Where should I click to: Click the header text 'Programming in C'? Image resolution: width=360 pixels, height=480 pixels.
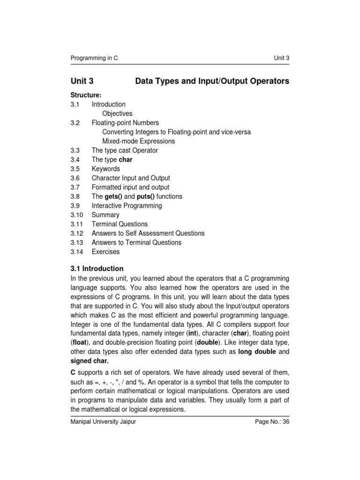pos(94,58)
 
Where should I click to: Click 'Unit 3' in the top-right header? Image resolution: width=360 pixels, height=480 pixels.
pos(281,58)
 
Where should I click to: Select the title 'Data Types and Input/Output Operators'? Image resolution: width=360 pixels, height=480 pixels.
pos(212,82)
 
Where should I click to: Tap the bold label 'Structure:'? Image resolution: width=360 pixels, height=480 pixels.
pos(86,95)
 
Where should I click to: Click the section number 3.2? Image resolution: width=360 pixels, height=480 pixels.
pos(75,123)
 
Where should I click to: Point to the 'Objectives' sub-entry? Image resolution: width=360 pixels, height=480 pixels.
pos(117,113)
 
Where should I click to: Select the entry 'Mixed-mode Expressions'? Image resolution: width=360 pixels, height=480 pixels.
pos(138,141)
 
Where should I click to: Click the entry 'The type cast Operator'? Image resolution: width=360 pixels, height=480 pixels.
pos(125,150)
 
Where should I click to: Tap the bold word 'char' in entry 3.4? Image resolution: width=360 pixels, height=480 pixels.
pos(126,160)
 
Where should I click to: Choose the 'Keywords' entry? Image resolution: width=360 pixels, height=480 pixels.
pos(105,169)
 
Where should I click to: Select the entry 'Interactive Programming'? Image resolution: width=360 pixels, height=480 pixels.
pos(127,206)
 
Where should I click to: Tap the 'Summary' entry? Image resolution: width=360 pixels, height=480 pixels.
pos(105,215)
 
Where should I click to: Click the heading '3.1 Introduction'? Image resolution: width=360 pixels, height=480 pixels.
pos(97,269)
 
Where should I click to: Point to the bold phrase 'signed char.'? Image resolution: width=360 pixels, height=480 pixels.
pos(90,360)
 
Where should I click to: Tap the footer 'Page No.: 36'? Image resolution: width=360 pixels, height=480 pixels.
pos(272,422)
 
